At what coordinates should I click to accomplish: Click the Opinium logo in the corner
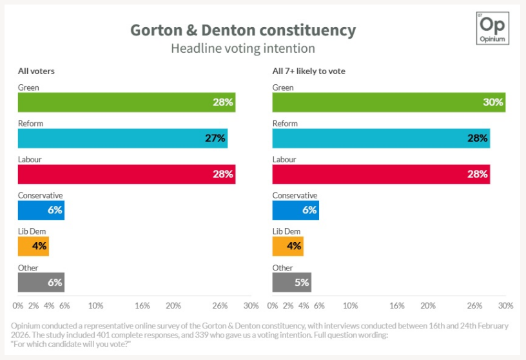coord(493,28)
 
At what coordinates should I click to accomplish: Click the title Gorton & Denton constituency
coord(242,30)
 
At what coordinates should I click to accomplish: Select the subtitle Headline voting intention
coord(242,48)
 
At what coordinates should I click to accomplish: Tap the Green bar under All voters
coord(126,102)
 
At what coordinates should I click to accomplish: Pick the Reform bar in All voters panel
coord(122,138)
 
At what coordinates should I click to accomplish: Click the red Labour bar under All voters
coord(126,175)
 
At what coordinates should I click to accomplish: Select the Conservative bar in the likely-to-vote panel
coord(295,211)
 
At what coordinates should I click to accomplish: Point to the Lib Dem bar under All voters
coord(33,247)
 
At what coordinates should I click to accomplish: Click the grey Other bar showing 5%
coord(291,283)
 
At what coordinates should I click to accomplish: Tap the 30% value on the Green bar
coord(493,102)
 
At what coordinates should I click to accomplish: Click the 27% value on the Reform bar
coord(215,138)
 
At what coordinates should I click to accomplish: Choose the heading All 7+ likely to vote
coord(309,71)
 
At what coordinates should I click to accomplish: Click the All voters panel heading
coord(36,71)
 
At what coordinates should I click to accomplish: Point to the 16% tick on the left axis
coord(142,306)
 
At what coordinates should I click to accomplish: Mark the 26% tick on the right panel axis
coord(474,306)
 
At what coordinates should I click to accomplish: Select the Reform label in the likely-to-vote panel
coord(285,123)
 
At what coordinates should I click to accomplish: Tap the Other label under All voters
coord(28,267)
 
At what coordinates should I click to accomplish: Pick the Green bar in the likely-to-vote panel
coord(389,102)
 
